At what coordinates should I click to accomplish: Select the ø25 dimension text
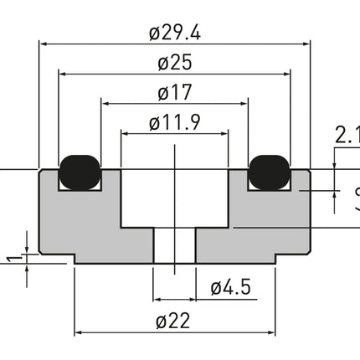176,63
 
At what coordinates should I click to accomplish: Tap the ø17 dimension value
175,93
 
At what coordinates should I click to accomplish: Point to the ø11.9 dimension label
174,123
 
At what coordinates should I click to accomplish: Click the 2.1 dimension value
346,134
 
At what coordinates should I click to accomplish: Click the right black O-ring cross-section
270,170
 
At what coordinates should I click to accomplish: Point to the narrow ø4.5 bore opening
174,246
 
